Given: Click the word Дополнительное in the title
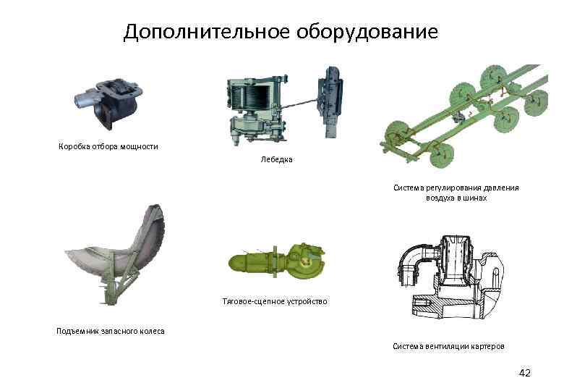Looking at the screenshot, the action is [x=207, y=32].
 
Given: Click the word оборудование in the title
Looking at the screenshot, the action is [x=367, y=32].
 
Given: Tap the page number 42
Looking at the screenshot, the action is [x=525, y=373].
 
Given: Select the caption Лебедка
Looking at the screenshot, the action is [x=276, y=159].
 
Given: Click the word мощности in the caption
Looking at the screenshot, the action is [x=139, y=146].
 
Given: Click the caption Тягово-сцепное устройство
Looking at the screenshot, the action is [x=275, y=301].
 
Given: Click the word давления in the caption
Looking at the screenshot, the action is [x=501, y=188].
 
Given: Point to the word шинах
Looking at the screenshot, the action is [x=475, y=198].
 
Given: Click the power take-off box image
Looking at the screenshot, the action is [x=108, y=102].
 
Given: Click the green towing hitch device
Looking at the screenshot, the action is [x=277, y=261].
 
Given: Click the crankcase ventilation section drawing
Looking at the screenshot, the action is [x=450, y=277].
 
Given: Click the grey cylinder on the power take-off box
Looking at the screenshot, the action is [x=85, y=99].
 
